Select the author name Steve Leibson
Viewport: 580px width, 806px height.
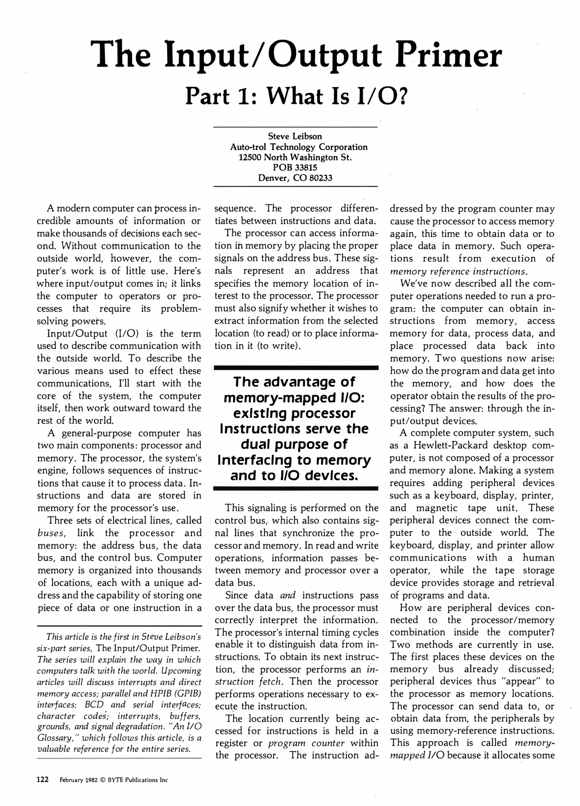[295, 137]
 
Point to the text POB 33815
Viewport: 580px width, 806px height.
[295, 168]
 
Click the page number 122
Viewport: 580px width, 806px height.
[43, 780]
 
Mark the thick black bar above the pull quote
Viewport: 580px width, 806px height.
[296, 368]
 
